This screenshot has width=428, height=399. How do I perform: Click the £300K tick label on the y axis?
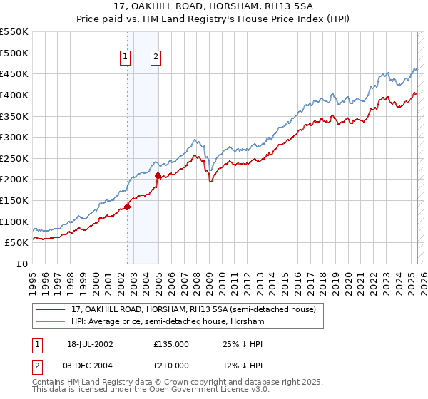click(x=14, y=137)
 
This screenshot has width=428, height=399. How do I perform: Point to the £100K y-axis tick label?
click(x=14, y=222)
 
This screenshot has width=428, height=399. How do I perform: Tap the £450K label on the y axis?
click(x=14, y=73)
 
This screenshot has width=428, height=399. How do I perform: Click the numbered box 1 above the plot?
click(x=126, y=58)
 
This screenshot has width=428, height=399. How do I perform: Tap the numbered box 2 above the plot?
click(x=156, y=58)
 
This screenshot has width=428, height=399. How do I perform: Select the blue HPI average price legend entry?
click(x=168, y=322)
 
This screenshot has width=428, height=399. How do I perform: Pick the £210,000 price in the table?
click(x=171, y=365)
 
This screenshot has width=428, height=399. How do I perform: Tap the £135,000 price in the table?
click(x=171, y=343)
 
